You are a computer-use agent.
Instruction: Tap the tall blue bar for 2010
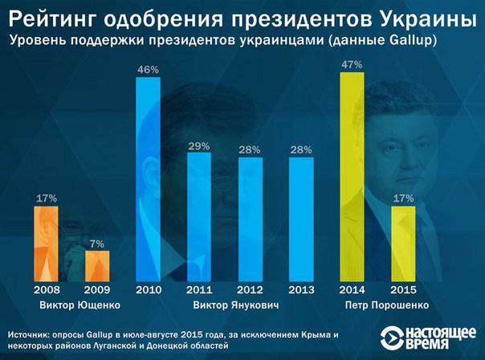(149, 178)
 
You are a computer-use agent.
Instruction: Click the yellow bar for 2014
(352, 175)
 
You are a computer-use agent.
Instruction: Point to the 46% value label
(149, 71)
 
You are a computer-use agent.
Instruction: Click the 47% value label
(352, 65)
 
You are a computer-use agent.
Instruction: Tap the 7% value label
(97, 243)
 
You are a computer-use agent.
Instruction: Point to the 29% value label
(200, 146)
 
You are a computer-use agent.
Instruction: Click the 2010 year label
(149, 289)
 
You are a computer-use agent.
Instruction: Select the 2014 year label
(352, 289)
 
